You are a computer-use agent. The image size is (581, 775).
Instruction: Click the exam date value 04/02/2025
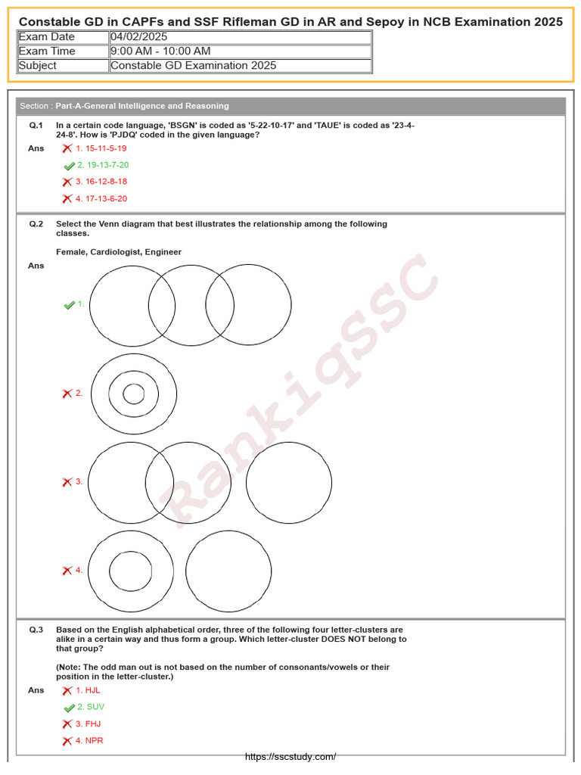139,37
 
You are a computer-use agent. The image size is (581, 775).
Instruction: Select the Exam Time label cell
47,51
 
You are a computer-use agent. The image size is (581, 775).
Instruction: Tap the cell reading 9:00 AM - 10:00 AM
160,51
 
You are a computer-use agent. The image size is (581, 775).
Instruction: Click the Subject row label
38,66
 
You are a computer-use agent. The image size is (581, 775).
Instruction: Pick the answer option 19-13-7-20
107,165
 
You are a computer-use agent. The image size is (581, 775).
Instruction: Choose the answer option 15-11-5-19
105,148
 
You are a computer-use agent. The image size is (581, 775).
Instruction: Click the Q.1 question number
36,125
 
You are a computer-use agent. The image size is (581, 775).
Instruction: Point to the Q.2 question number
36,224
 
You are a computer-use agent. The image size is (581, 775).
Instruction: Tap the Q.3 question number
36,630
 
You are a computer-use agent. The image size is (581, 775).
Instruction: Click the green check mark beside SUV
70,708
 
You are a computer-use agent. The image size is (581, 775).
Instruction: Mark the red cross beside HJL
67,690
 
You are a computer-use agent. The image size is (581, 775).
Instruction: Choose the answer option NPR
94,741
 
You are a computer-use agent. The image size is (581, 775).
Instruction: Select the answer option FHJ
92,724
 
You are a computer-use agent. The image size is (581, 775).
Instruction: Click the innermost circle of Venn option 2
134,394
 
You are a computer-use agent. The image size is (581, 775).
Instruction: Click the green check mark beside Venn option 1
70,305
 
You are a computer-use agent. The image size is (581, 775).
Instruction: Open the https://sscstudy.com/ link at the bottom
290,757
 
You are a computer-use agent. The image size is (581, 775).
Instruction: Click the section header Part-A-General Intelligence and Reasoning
142,106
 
